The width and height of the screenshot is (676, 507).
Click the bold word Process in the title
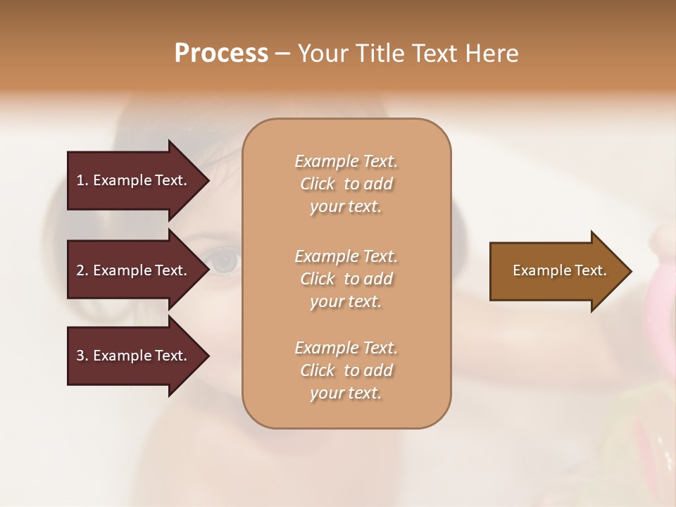coord(221,54)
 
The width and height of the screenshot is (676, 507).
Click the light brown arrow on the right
coord(556,270)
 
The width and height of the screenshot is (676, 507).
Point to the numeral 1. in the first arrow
coord(82,180)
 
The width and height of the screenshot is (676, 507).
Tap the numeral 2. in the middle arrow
coord(82,270)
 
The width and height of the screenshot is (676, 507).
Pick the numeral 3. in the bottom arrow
coord(82,356)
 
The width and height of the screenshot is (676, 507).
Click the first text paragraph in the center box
coord(346,184)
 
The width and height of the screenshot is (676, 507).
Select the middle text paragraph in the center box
coord(346,278)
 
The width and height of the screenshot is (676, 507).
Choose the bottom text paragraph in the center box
coord(346,370)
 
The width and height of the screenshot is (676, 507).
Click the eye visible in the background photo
coord(225,262)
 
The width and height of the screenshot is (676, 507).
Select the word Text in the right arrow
coord(591,270)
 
